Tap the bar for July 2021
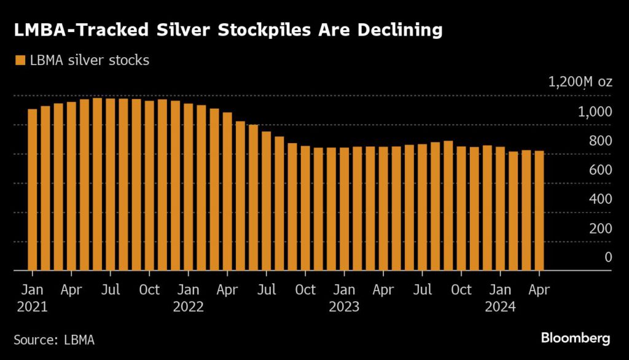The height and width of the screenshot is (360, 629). [x=111, y=184]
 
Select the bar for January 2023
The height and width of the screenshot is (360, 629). [x=344, y=209]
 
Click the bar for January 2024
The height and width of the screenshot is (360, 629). [x=500, y=208]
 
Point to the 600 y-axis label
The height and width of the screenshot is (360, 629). [x=601, y=170]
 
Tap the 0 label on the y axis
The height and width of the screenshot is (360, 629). [x=608, y=257]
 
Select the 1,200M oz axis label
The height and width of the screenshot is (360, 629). [x=580, y=82]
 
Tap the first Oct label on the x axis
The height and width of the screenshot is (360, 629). [x=149, y=290]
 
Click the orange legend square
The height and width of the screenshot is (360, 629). [x=20, y=60]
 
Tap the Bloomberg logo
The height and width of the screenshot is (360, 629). [x=575, y=338]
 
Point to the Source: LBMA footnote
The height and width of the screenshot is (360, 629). [x=54, y=339]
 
